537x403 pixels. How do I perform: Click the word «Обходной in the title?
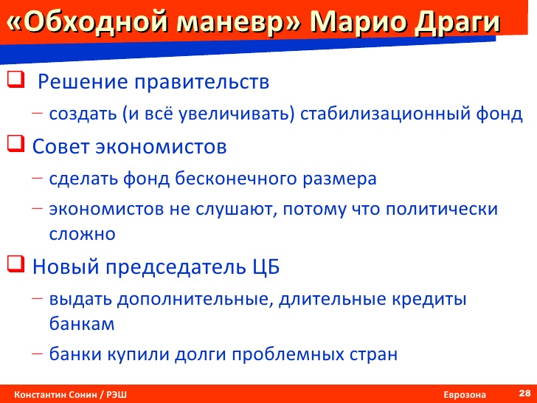click(88, 23)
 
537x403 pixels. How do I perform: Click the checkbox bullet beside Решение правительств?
click(15, 80)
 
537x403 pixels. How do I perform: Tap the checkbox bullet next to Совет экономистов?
click(15, 144)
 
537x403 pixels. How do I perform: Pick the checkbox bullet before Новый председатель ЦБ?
click(15, 264)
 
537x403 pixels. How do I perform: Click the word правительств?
click(201, 82)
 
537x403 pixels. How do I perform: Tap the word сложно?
click(82, 235)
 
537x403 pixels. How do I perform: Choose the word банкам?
click(82, 323)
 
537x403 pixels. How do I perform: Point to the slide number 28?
click(524, 393)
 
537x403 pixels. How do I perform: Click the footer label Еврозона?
click(465, 394)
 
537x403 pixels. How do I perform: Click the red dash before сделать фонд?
click(38, 178)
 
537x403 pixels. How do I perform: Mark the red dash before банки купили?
click(38, 354)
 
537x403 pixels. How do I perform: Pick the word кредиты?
click(429, 300)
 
